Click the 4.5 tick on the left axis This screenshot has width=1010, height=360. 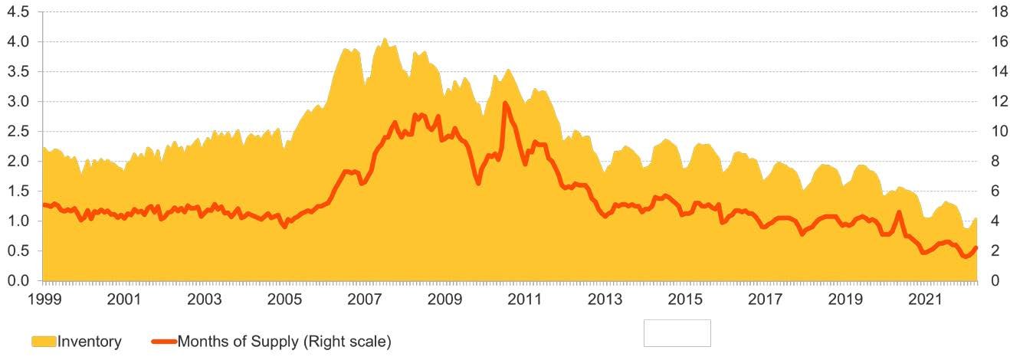coord(18,12)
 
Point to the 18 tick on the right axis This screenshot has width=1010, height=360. coord(999,12)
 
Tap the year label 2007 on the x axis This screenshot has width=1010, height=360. coord(364,299)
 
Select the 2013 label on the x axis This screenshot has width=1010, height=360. coord(605,299)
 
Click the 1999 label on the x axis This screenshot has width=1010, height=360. coord(44,299)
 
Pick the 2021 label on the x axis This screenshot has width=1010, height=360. coord(925,299)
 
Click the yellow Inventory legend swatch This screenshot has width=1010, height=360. coord(44,342)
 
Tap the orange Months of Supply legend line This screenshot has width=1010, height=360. coord(164,342)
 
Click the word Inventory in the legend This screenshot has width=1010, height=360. coord(90,342)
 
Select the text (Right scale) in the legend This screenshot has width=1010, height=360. coord(346,342)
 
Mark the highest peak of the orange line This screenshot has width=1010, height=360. coord(504,103)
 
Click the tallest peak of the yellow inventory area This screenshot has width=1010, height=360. coord(384,39)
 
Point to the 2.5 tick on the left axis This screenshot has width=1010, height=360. coord(18,132)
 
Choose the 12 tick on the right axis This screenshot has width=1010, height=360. coord(999,102)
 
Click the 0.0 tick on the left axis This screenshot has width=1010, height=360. coord(18,280)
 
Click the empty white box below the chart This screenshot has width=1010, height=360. coord(677,333)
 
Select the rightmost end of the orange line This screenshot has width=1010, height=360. coord(976,247)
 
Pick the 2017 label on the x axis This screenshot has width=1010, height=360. coord(766,299)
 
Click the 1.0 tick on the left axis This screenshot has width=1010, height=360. coord(18,221)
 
